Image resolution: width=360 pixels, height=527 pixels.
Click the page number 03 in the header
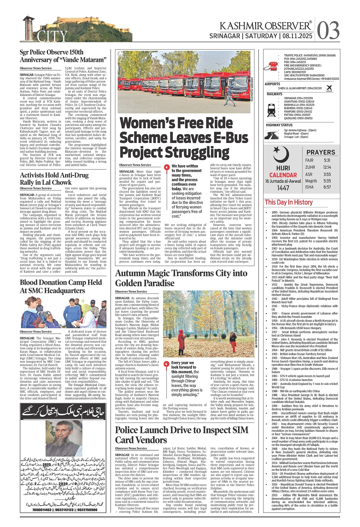point(328,31)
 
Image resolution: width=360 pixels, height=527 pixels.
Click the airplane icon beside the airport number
point(329,88)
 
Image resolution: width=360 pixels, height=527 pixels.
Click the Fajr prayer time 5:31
point(327,160)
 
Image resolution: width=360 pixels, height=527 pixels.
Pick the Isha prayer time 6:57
point(327,187)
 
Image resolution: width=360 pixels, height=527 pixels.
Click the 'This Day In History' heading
point(289,202)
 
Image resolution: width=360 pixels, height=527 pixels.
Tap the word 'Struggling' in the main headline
point(175,152)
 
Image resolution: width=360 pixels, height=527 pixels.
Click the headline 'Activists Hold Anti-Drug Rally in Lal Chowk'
point(54,179)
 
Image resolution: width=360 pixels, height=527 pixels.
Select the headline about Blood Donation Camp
point(61,286)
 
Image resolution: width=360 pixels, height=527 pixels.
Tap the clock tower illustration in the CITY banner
point(29,28)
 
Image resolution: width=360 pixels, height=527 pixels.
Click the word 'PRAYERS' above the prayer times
point(321,152)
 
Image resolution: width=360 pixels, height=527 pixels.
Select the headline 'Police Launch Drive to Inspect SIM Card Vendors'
point(182,435)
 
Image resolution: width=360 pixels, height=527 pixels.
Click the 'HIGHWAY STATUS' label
point(279,125)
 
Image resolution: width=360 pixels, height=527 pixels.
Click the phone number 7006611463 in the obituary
point(34,509)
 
